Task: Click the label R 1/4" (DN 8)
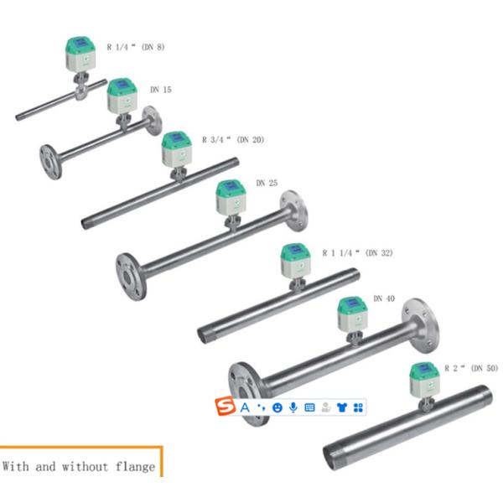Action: [135, 47]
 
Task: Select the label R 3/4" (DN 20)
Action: [232, 139]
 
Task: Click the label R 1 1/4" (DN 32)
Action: [357, 251]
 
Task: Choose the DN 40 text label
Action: [384, 298]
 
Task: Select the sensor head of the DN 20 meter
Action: [177, 148]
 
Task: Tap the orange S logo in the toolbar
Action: [225, 407]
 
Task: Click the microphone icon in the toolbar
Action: [293, 407]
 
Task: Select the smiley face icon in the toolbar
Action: [277, 407]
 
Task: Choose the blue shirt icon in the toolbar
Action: [341, 407]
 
